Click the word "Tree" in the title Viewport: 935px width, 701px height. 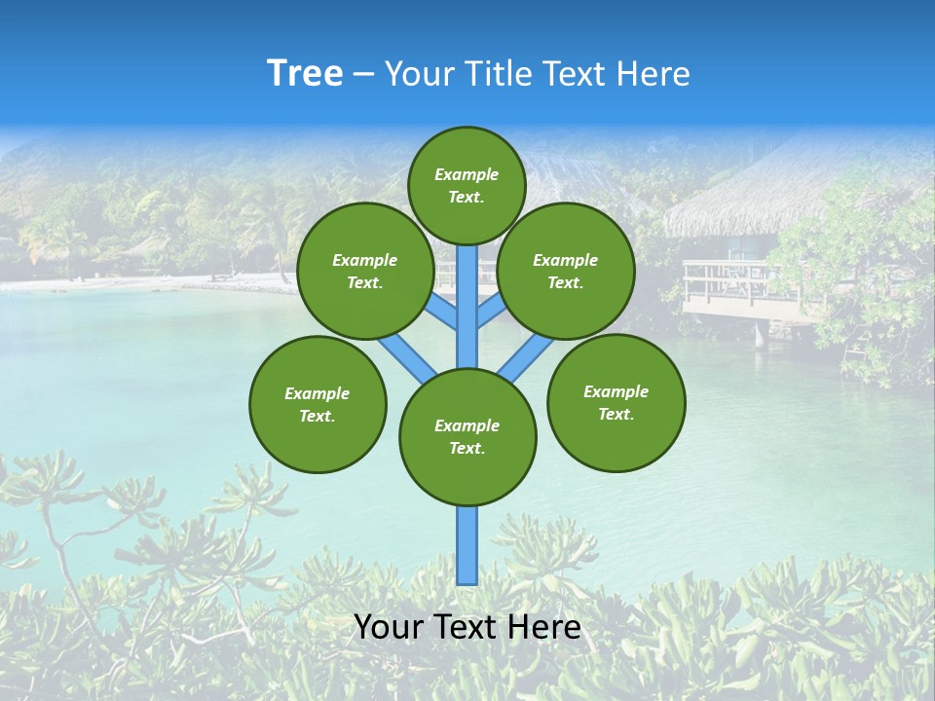click(x=305, y=74)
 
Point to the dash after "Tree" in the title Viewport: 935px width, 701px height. click(x=363, y=75)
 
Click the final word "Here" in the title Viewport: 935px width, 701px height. click(x=654, y=74)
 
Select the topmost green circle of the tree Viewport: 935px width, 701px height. click(x=467, y=185)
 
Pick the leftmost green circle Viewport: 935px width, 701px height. click(x=318, y=404)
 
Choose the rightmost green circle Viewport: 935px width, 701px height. click(x=616, y=402)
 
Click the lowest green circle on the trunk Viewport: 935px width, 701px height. click(x=467, y=437)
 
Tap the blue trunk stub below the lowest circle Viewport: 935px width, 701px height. click(x=467, y=545)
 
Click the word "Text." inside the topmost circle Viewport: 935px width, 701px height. click(x=467, y=197)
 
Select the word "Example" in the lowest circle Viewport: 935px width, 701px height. click(x=467, y=425)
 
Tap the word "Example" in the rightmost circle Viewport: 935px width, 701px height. click(x=616, y=391)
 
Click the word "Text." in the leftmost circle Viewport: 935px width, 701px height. click(x=318, y=416)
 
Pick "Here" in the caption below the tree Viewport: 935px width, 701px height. click(x=546, y=627)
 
